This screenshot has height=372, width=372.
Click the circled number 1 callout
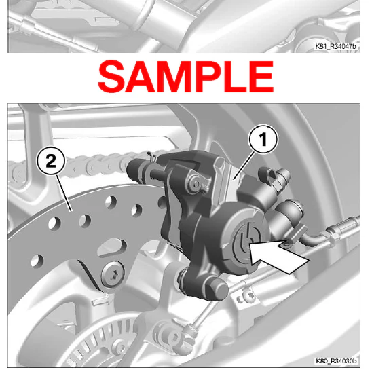pyautogui.click(x=263, y=140)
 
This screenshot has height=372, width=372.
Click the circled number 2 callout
pyautogui.click(x=51, y=161)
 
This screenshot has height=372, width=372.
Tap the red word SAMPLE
pyautogui.click(x=186, y=77)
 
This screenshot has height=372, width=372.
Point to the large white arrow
pyautogui.click(x=279, y=256)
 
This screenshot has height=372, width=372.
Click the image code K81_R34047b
pyautogui.click(x=335, y=46)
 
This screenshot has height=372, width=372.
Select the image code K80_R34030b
pyautogui.click(x=335, y=361)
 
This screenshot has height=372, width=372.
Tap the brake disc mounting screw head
pyautogui.click(x=113, y=274)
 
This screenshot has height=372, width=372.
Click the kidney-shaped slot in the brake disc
pyautogui.click(x=112, y=247)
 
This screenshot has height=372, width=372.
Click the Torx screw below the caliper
pyautogui.click(x=248, y=295)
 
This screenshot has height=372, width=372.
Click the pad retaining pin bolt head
pyautogui.click(x=196, y=183)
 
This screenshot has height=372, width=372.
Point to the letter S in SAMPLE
pyautogui.click(x=111, y=77)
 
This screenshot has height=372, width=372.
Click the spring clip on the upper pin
pyautogui.click(x=151, y=157)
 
